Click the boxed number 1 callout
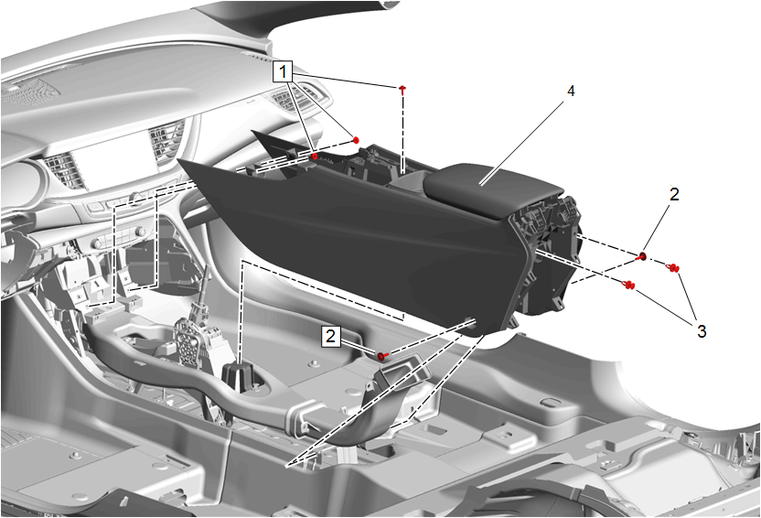tap(283, 72)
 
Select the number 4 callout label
tap(571, 91)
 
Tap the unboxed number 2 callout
tap(674, 194)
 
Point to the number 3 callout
tap(702, 331)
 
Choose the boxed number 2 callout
tap(330, 336)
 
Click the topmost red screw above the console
tap(402, 89)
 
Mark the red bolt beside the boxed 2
tap(382, 357)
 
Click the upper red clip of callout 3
tap(672, 267)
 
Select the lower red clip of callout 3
tap(628, 285)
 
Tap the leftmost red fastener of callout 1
tap(315, 156)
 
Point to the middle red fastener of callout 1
tap(356, 140)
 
